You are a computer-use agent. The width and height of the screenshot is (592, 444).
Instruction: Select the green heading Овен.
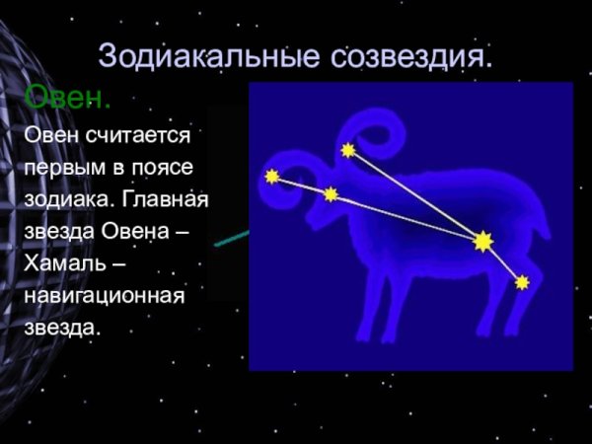pos(67,99)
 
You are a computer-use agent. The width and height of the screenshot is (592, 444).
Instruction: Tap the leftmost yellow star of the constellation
pos(272,177)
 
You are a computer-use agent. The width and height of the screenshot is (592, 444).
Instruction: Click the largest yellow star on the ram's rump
pos(482,241)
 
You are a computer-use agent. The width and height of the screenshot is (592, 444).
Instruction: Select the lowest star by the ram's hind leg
pos(522,283)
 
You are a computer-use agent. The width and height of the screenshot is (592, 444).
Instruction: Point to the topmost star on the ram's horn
pos(348,150)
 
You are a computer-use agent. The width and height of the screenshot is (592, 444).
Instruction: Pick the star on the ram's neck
pos(331,194)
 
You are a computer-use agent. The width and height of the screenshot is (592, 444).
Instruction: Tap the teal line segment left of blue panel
pos(233,238)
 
